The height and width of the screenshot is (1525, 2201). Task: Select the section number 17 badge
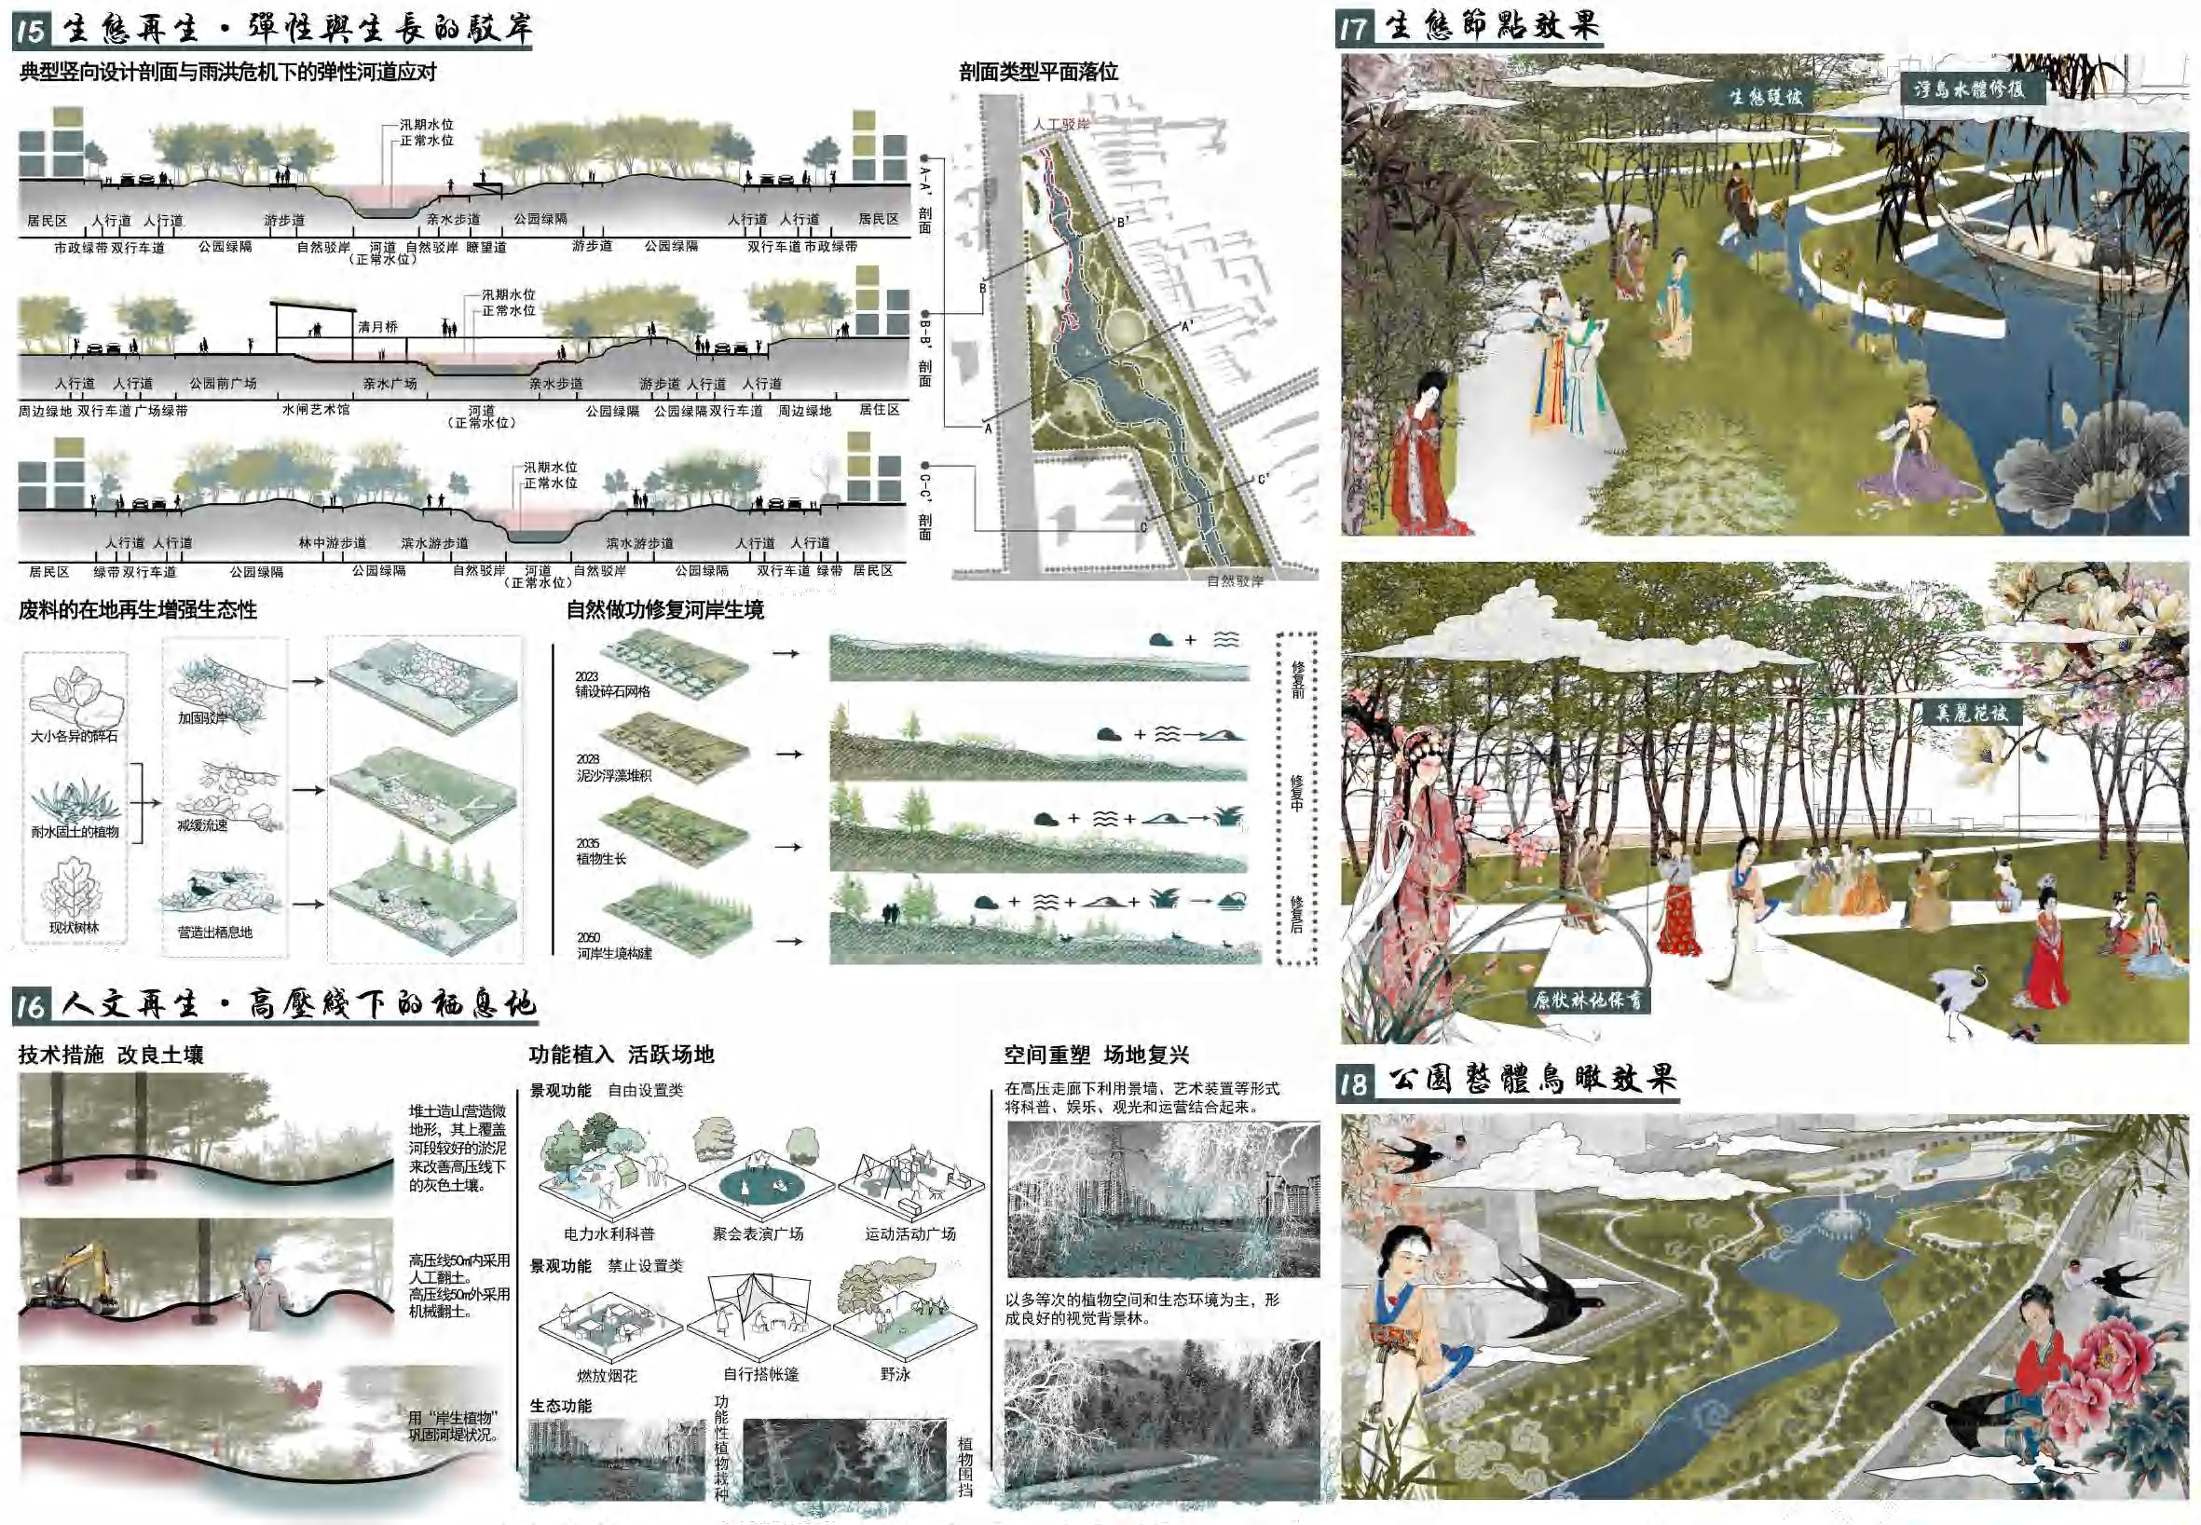coord(1353,28)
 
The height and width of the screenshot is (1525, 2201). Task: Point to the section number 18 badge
coord(1353,1082)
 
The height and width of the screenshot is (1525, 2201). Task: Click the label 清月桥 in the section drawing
coord(377,327)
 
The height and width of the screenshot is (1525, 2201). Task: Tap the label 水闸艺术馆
coord(315,410)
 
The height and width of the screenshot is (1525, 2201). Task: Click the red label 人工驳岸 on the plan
coord(1060,124)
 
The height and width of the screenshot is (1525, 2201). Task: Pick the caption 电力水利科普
coord(608,1233)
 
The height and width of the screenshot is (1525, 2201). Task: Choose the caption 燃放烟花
coord(606,1375)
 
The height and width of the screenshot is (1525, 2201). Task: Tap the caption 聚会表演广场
coord(758,1233)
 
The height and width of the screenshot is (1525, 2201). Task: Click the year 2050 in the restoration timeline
coord(588,938)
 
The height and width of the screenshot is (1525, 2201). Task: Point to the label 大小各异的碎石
coord(74,737)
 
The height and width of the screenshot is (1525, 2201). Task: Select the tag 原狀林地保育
coord(1588,1001)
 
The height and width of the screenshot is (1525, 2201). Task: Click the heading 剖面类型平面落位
coord(1038,73)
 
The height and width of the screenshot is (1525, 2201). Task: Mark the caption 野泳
coord(895,1374)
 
